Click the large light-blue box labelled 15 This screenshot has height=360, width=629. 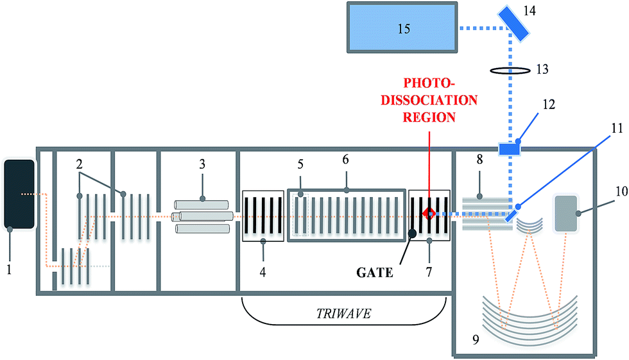pyautogui.click(x=403, y=28)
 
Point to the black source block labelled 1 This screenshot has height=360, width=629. pyautogui.click(x=19, y=194)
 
